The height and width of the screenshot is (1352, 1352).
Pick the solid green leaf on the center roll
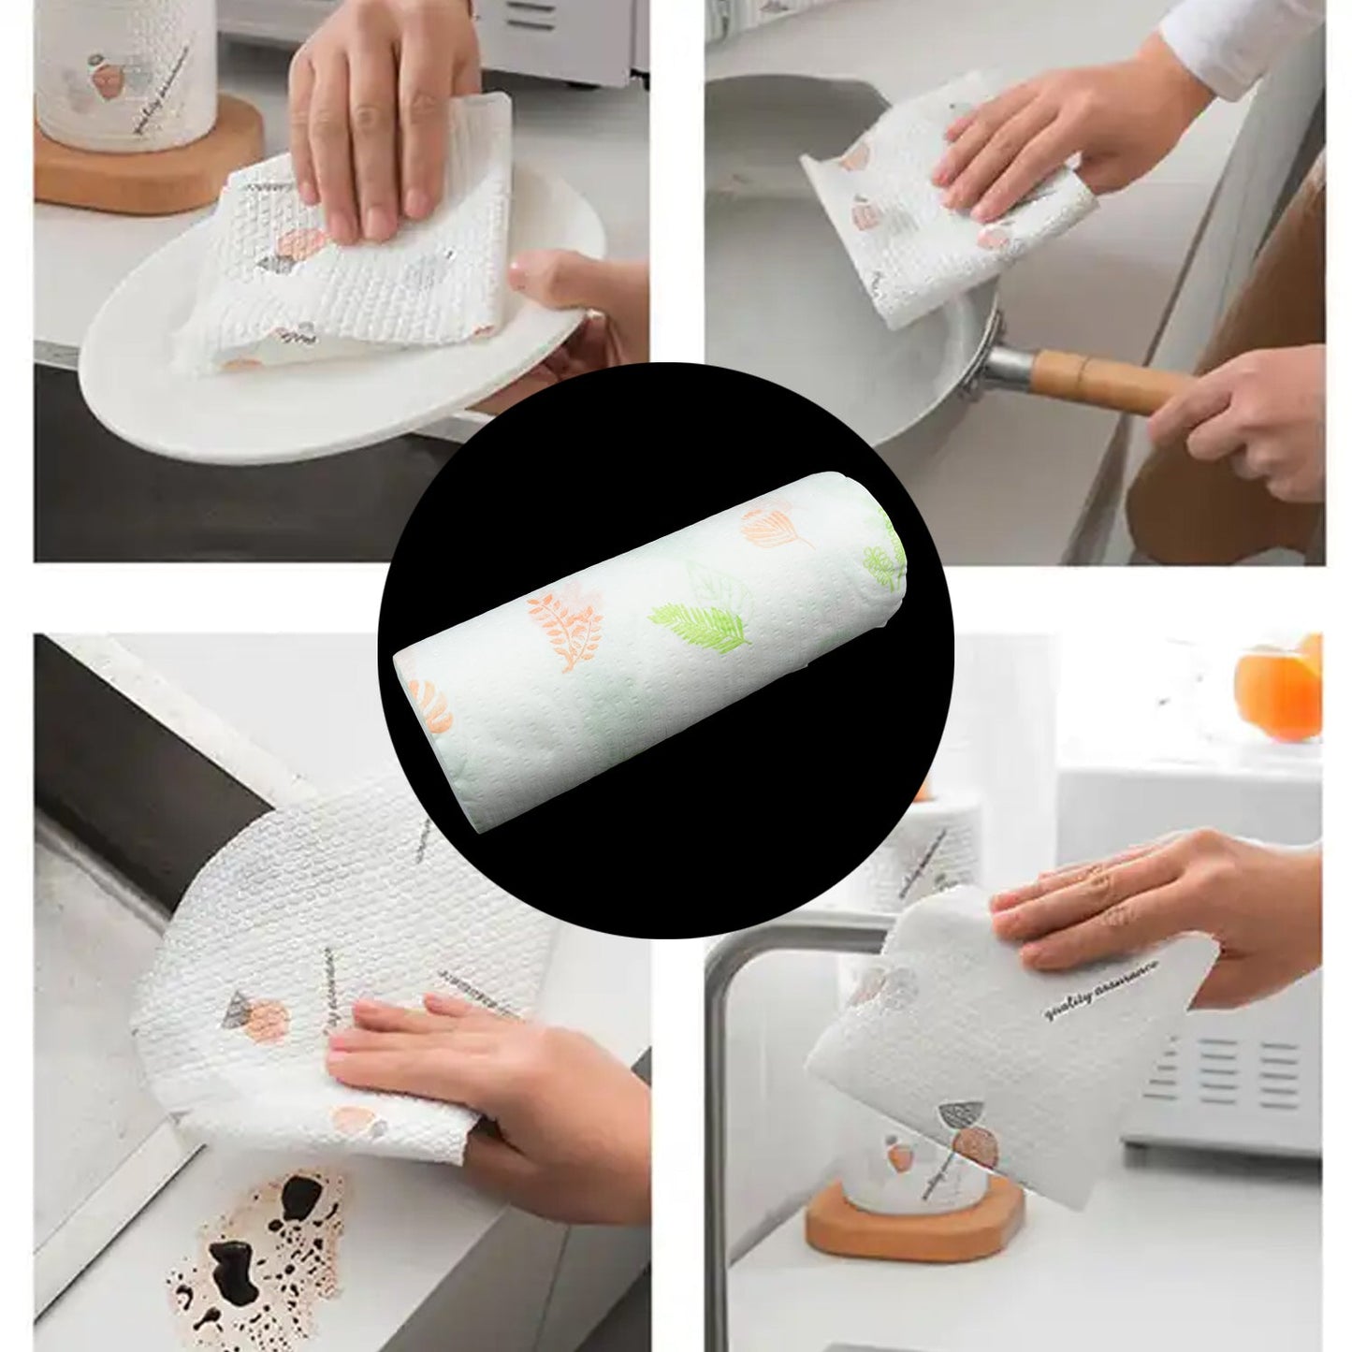(x=702, y=622)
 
